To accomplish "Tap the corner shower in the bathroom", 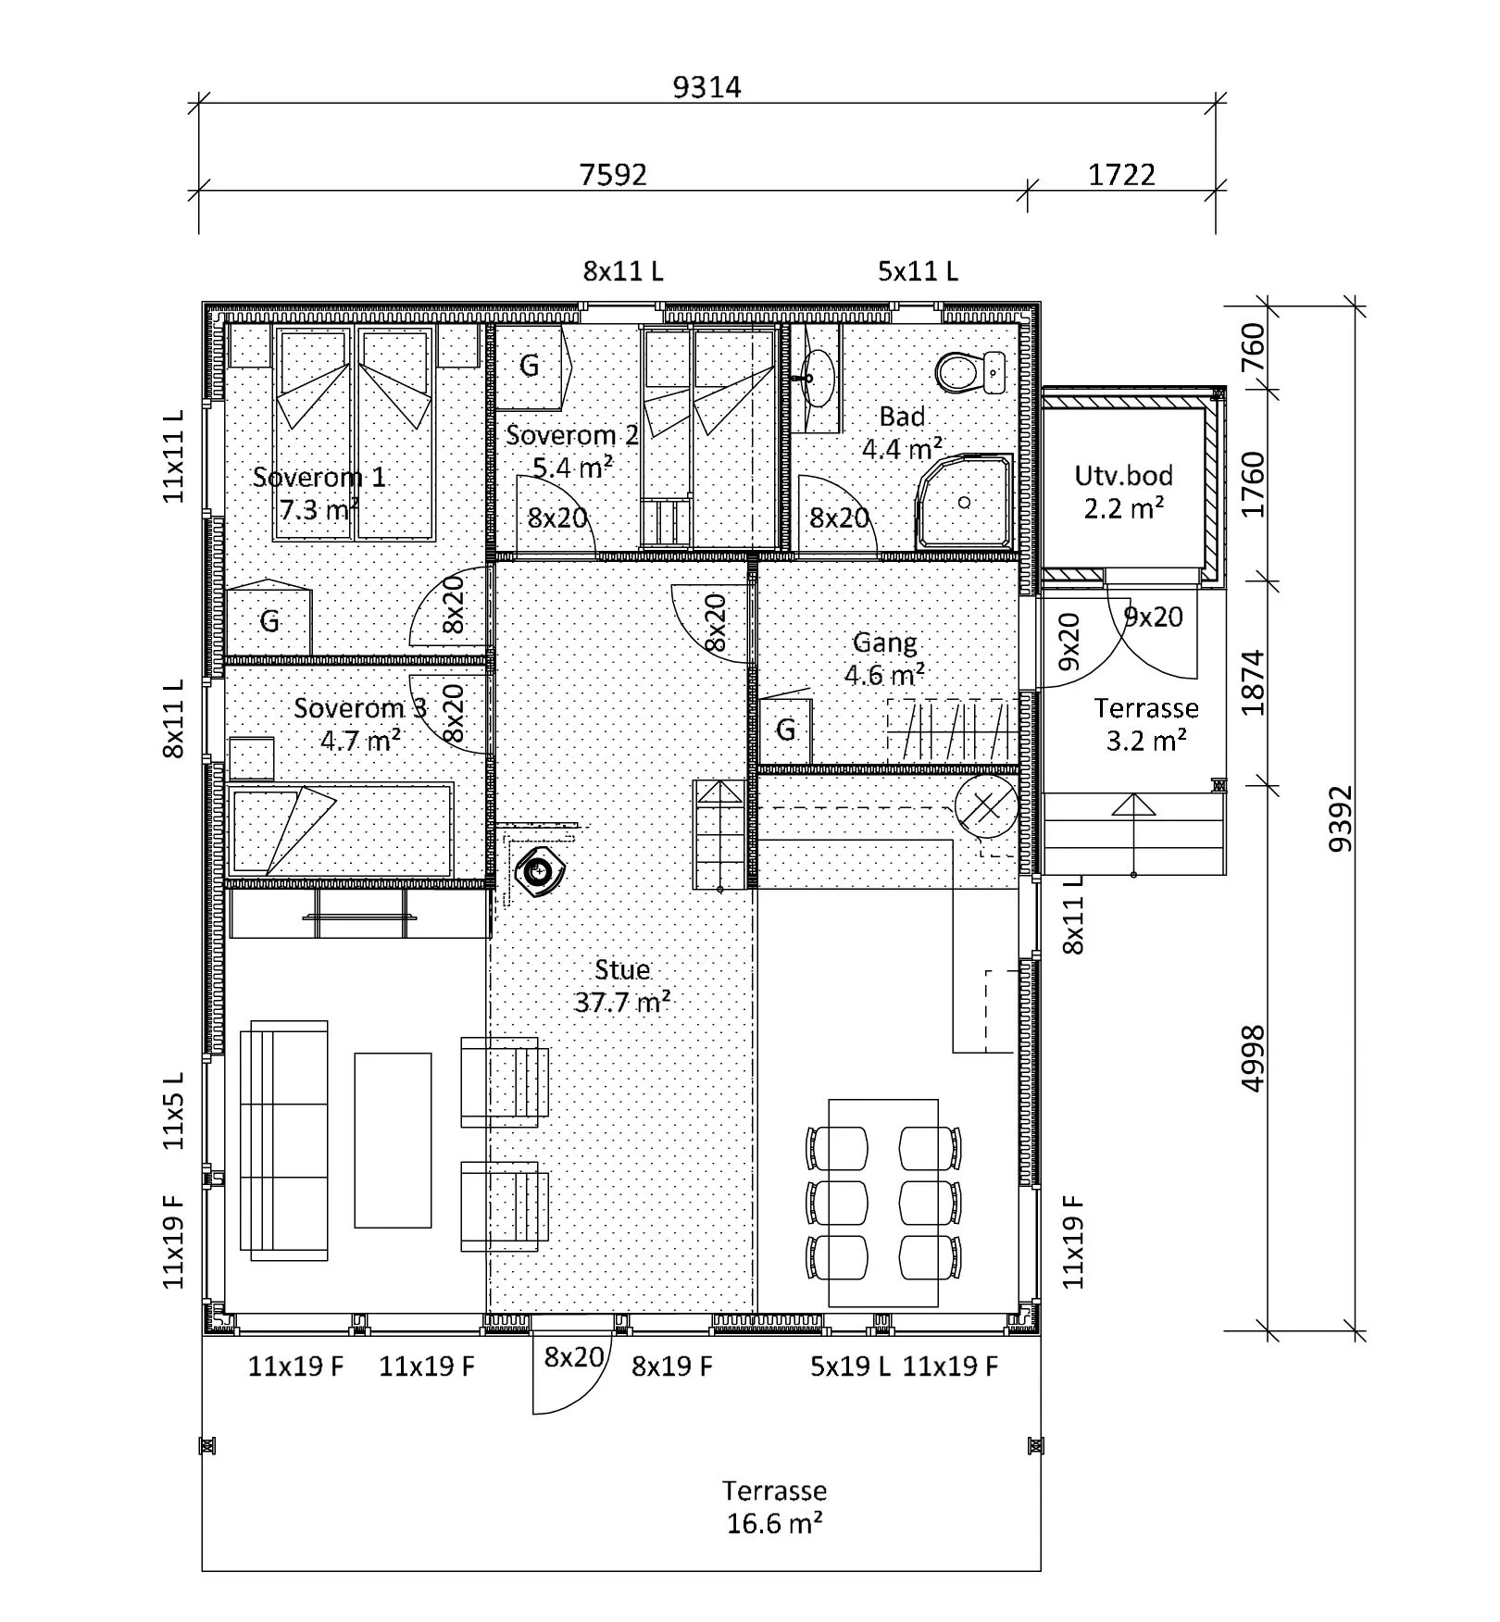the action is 964,500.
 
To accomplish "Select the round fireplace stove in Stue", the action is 539,870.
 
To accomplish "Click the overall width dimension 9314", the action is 706,87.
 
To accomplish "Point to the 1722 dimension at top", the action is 1121,174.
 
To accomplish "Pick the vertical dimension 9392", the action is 1340,819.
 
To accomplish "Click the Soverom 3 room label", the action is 360,708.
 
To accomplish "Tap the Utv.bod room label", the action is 1123,476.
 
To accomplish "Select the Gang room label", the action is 884,643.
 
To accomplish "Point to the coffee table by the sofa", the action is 393,1140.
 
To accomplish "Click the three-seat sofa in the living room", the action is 284,1141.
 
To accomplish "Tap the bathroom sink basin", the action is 814,378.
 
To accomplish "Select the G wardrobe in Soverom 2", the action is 530,367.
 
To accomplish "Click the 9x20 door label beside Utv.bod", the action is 1153,617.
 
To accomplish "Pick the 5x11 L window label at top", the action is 918,271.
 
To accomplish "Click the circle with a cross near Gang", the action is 986,805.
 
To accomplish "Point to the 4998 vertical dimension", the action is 1252,1058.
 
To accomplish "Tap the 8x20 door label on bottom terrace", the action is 573,1357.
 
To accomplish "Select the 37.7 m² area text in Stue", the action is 622,1003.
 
